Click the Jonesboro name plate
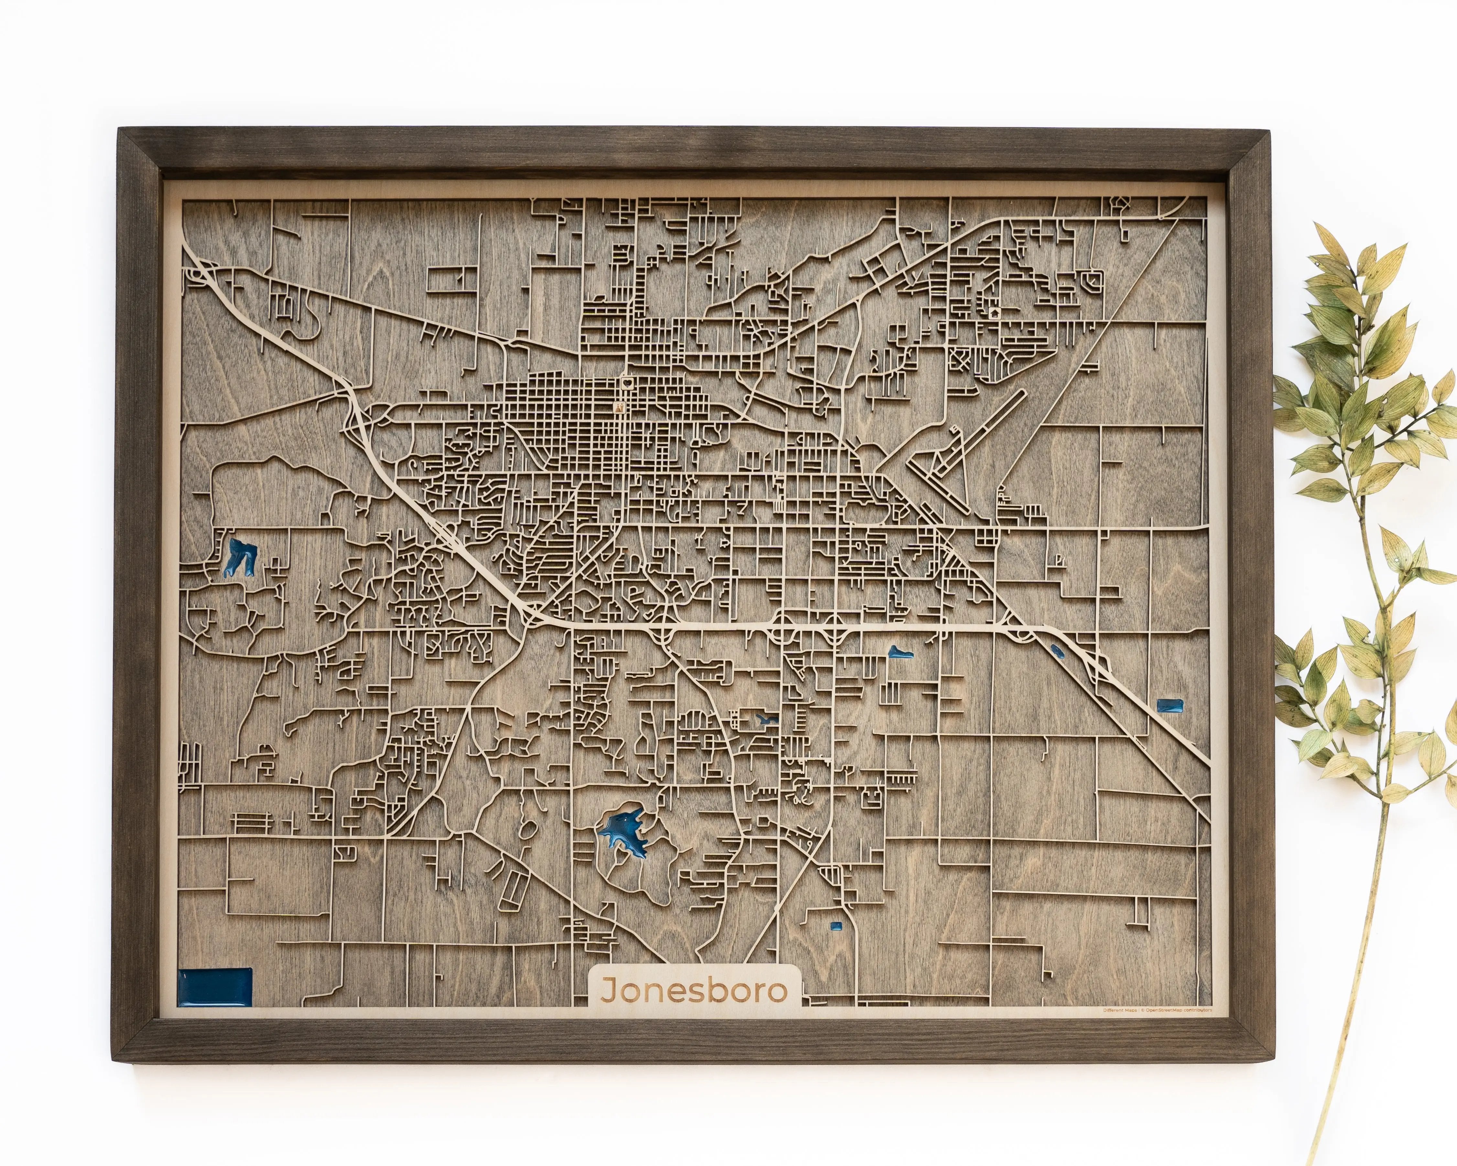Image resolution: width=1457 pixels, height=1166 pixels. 695,991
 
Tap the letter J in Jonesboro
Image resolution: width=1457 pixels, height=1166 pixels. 608,991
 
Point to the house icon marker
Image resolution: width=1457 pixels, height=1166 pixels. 994,313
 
